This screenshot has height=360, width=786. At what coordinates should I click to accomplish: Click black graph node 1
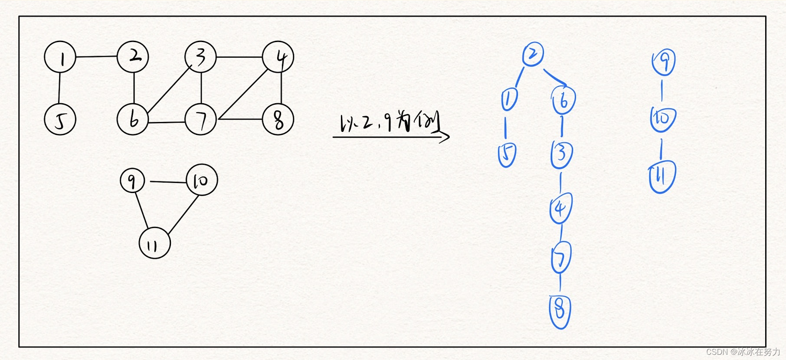pos(60,57)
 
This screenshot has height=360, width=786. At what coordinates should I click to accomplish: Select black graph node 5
pos(60,119)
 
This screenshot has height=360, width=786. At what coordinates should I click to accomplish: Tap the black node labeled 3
pos(200,57)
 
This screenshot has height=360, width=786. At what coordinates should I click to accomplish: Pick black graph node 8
pos(278,119)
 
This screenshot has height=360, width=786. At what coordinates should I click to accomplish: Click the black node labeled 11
pos(155,243)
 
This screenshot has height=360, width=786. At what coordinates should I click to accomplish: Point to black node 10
pos(202,180)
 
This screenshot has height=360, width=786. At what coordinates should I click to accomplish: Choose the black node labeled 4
pos(278,57)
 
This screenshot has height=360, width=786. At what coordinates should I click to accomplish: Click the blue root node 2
pos(533,54)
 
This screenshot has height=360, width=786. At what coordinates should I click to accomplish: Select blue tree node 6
pos(563,100)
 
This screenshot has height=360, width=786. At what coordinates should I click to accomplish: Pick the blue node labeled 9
pos(664,62)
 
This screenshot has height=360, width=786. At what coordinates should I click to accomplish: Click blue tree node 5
pos(507,154)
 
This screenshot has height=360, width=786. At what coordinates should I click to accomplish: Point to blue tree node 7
pos(561,258)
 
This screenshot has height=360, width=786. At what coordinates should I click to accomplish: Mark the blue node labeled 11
pos(662,177)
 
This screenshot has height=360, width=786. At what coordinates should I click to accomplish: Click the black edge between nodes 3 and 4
pos(239,57)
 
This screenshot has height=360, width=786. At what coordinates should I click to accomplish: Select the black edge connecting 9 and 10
pos(168,182)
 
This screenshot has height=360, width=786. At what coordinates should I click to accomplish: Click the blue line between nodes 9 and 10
pos(662,91)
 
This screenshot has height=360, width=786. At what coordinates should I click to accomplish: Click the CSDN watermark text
pos(742,352)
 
